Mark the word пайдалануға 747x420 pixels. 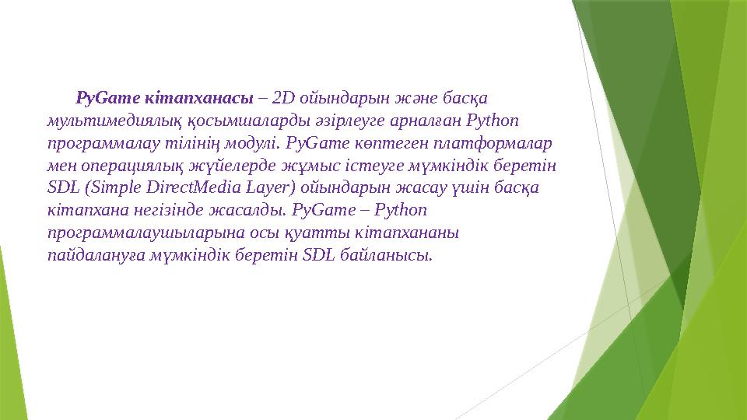pyautogui.click(x=89, y=256)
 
